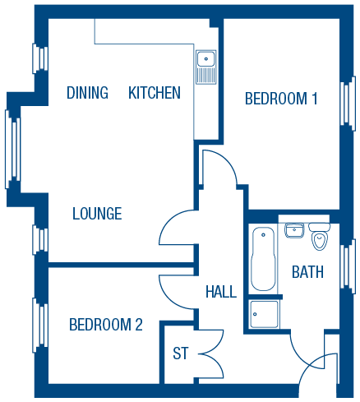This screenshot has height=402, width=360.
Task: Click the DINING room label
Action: click(87, 93)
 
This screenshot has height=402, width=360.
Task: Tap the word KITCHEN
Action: click(155, 93)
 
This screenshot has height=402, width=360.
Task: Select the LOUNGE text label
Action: click(97, 214)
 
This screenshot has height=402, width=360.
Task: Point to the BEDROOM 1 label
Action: click(281, 99)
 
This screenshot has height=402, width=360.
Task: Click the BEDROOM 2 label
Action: click(106, 325)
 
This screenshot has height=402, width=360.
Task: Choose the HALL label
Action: click(221, 292)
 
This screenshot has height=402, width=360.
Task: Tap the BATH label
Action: click(307, 272)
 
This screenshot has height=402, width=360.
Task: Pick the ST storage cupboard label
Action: click(181, 353)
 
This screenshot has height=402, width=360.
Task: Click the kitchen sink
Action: click(206, 67)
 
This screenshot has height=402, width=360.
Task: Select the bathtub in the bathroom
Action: click(263, 259)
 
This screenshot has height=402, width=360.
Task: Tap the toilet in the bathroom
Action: click(320, 237)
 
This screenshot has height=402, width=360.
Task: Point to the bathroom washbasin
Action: click(294, 230)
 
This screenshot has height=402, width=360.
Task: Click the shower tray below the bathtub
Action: click(265, 314)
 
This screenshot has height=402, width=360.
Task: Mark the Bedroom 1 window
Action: click(348, 104)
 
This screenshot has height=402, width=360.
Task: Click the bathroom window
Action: click(348, 266)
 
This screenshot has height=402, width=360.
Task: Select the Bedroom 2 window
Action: click(40, 325)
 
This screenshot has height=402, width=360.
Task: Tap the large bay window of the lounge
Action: click(13, 150)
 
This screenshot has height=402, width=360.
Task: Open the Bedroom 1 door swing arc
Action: click(224, 161)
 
